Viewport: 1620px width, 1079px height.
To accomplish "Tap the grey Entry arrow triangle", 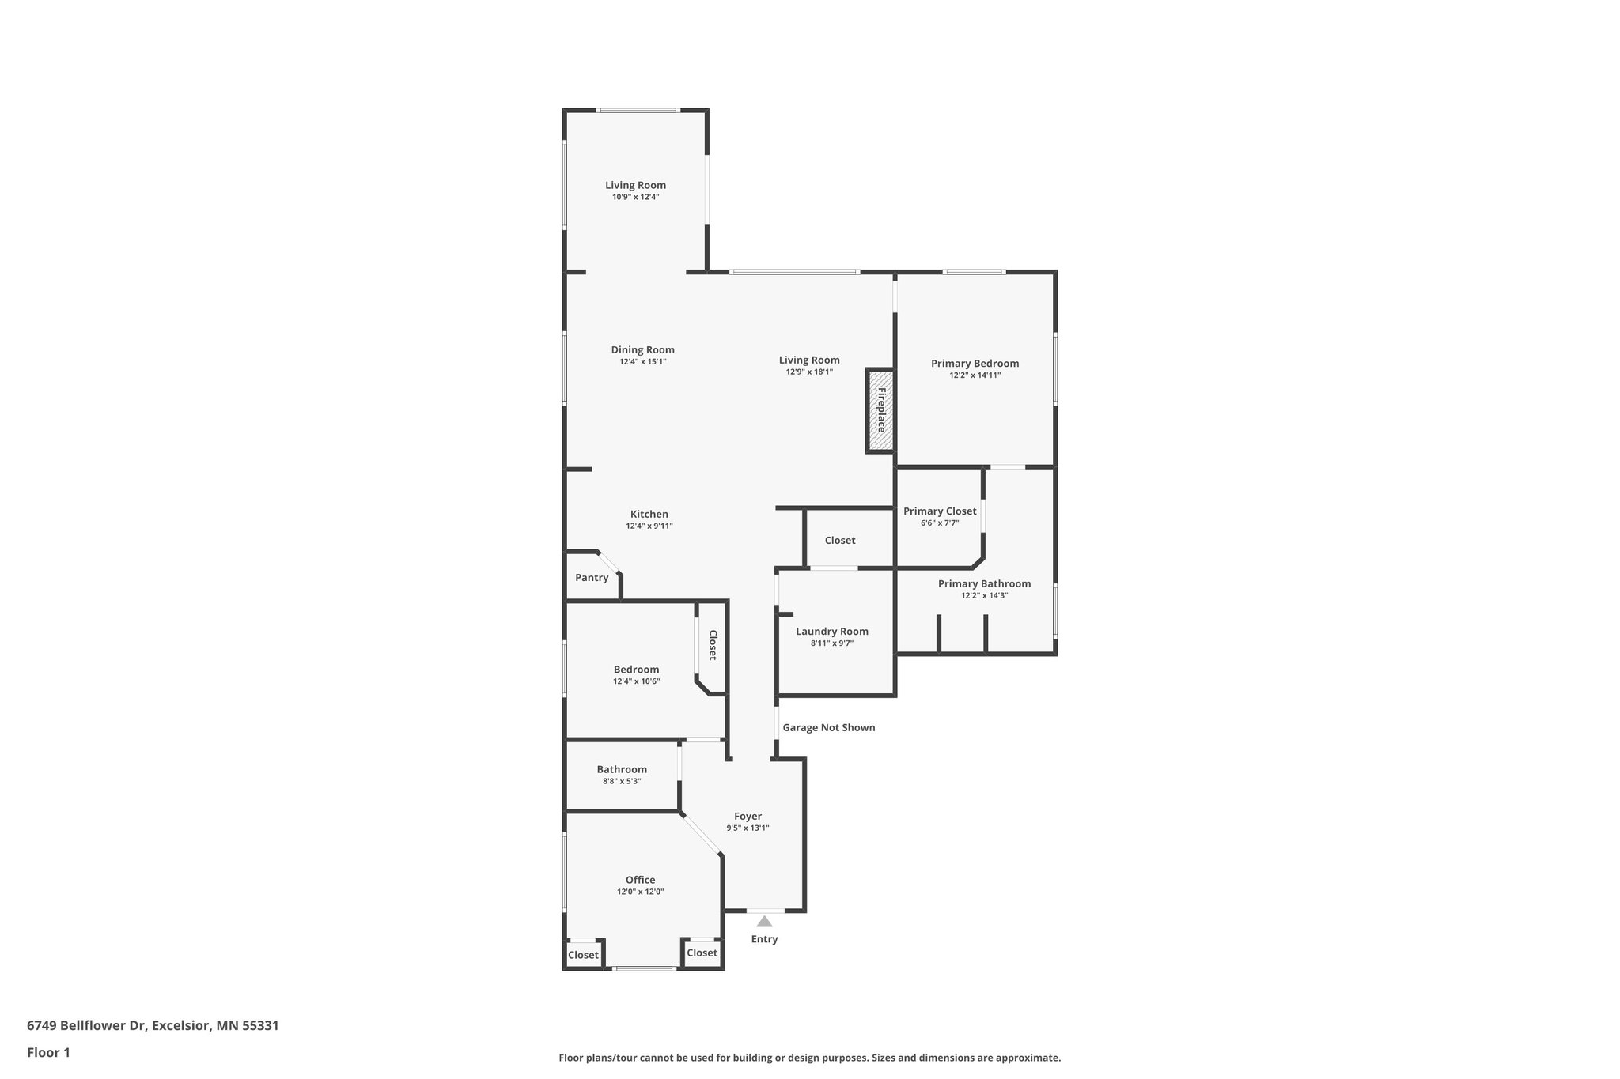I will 764,921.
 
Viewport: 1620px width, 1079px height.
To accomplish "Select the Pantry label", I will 592,578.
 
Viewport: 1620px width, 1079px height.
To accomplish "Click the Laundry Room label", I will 832,632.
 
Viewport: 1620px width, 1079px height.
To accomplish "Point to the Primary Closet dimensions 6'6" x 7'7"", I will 940,523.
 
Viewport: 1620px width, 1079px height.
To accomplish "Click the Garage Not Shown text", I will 829,727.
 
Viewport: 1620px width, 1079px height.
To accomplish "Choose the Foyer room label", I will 748,817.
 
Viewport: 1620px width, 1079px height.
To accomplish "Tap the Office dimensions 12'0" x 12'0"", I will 641,892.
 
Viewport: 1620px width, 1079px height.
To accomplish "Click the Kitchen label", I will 649,515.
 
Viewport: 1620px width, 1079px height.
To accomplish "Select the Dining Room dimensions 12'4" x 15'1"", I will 643,361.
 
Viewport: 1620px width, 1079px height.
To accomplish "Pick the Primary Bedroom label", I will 975,364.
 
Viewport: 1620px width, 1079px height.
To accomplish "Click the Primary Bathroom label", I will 984,584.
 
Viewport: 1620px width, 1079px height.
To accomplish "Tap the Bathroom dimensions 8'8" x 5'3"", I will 622,781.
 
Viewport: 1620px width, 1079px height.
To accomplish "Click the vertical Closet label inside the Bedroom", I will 713,645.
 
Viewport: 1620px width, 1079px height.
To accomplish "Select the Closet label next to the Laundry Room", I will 840,541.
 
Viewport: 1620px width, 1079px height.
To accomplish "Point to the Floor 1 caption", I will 48,1052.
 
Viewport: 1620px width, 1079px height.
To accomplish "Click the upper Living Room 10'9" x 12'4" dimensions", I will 635,197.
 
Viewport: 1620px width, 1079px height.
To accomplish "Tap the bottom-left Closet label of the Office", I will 583,955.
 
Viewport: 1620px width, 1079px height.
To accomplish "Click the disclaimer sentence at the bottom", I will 809,1058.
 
